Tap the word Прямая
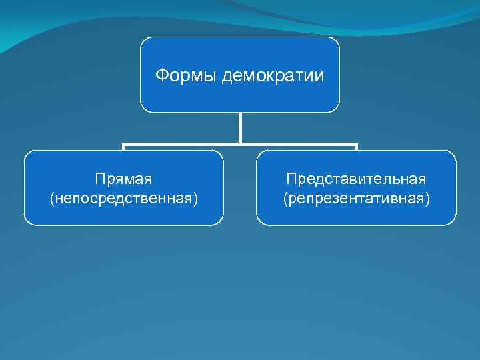tap(124, 179)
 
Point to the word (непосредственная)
tap(124, 199)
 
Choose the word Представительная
tap(356, 179)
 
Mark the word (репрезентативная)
tap(356, 199)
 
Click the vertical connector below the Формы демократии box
tap(240, 127)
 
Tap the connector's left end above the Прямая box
tap(124, 145)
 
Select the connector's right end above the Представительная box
tap(356, 145)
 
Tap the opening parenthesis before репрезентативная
tap(285, 199)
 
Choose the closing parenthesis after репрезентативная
tap(428, 199)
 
